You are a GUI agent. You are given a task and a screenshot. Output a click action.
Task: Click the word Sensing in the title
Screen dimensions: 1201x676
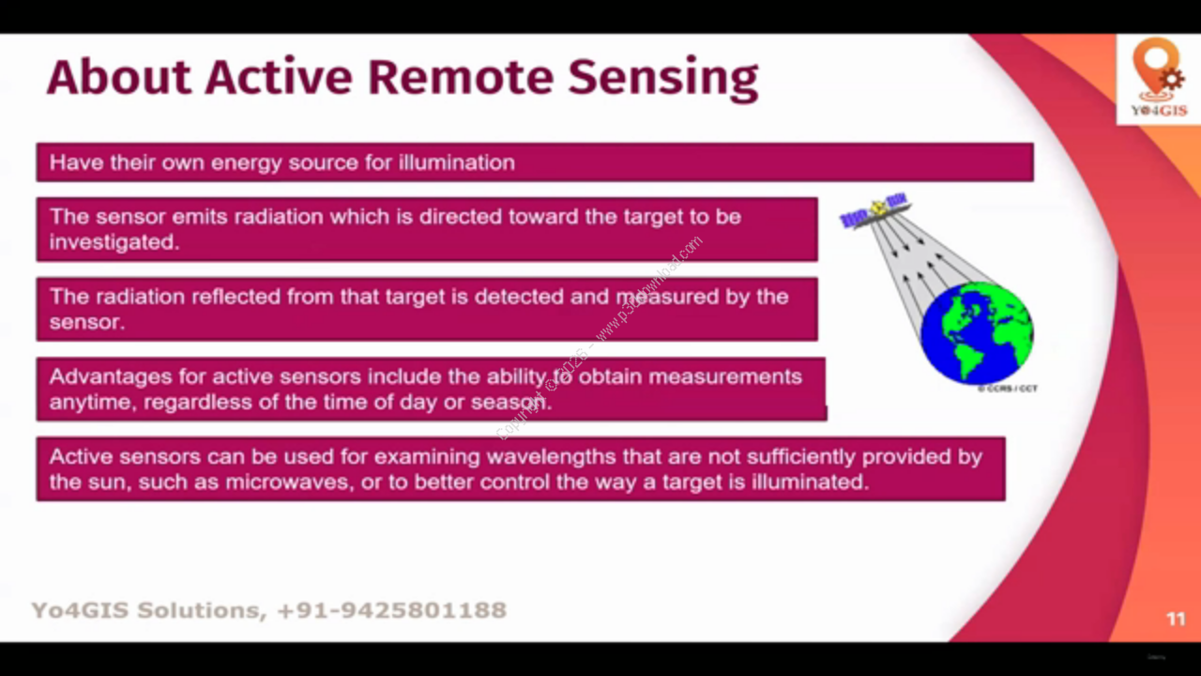point(663,79)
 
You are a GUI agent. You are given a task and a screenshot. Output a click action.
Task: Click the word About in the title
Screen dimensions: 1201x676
point(119,77)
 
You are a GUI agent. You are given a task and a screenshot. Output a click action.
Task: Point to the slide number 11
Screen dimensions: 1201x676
point(1176,619)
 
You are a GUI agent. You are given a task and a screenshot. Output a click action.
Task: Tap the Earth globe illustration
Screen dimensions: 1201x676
point(977,332)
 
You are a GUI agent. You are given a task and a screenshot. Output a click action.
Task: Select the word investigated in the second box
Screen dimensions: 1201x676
point(114,242)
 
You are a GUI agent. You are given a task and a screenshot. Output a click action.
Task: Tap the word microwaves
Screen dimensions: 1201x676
point(290,483)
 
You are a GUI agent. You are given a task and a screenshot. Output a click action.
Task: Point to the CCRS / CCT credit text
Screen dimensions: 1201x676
point(1007,389)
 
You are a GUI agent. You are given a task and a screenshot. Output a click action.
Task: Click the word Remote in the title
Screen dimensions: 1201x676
point(460,77)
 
